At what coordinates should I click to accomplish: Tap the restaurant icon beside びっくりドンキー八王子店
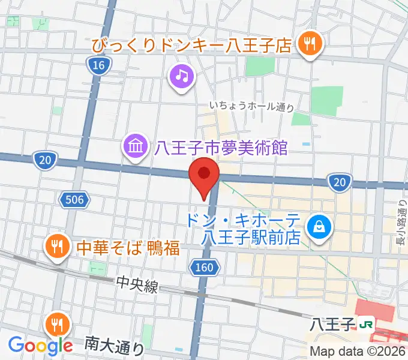tap(310, 44)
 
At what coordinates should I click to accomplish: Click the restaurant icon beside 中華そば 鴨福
tap(58, 246)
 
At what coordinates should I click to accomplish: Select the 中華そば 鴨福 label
tap(127, 247)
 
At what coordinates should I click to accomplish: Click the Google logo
tap(40, 346)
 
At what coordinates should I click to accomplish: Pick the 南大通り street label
tap(114, 344)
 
